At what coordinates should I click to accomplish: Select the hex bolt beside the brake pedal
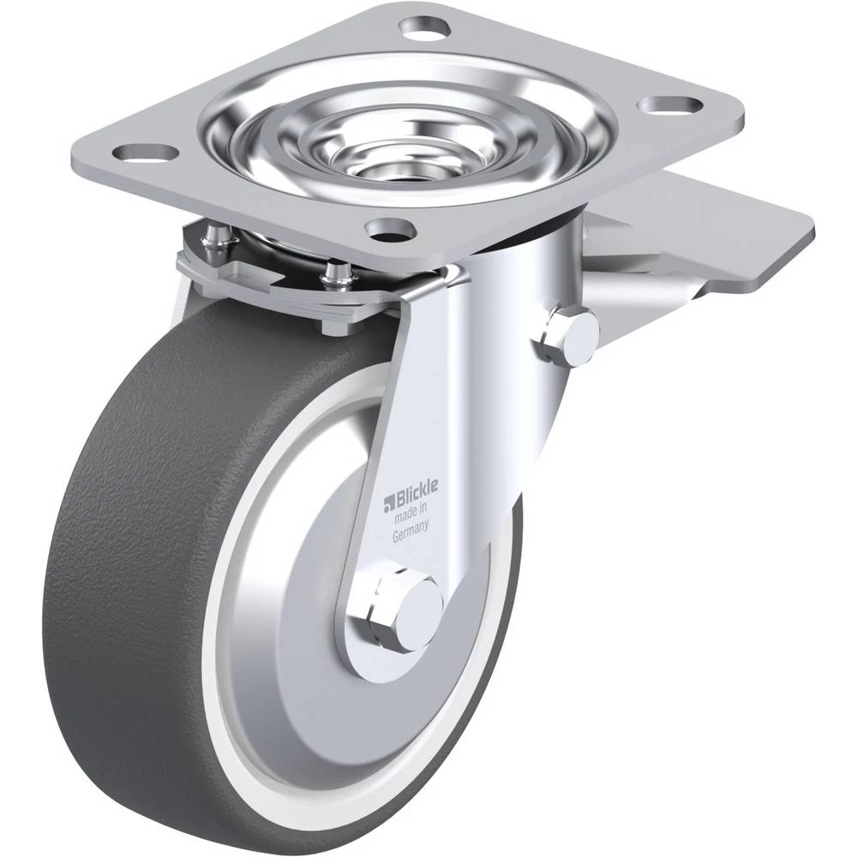pyautogui.click(x=568, y=336)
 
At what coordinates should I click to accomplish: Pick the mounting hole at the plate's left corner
pyautogui.click(x=141, y=153)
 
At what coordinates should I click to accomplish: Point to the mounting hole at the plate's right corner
pyautogui.click(x=671, y=104)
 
